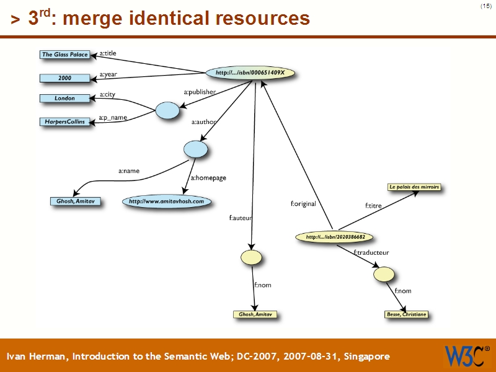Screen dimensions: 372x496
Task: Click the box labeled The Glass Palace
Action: point(65,55)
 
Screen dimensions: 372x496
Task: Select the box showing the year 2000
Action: point(65,78)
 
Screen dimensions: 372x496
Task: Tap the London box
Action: point(65,98)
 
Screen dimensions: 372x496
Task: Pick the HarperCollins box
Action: point(65,122)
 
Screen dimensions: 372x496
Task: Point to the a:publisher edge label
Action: point(200,92)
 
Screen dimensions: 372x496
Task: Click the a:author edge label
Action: point(203,122)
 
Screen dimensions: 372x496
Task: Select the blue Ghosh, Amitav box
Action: point(75,201)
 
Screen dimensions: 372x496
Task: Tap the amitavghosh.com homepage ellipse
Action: point(166,201)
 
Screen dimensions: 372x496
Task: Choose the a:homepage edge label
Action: point(208,178)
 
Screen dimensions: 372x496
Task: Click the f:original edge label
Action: point(303,203)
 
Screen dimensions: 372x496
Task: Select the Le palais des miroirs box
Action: point(414,187)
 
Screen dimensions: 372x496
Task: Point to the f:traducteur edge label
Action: point(371,252)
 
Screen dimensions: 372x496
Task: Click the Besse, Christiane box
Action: point(406,314)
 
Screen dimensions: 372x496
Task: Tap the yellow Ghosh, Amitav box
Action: point(255,314)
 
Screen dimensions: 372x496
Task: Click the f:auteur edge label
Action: point(240,218)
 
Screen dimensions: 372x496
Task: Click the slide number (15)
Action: point(485,6)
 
